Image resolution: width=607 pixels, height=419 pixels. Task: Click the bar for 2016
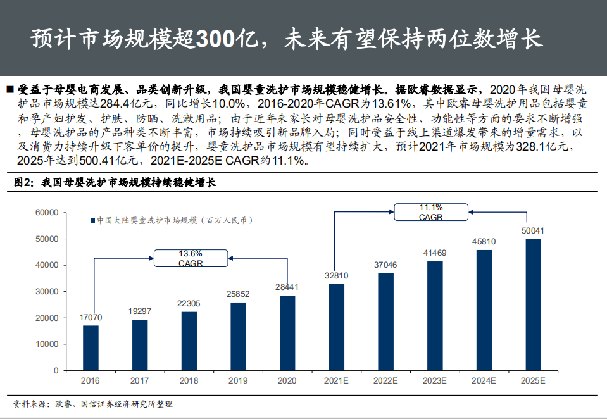(x=91, y=347)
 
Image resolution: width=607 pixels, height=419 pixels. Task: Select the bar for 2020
(x=287, y=333)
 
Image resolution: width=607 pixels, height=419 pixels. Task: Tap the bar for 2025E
(x=533, y=304)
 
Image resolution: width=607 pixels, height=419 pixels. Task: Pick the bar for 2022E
(x=386, y=322)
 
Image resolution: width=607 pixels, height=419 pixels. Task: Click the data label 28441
(x=287, y=288)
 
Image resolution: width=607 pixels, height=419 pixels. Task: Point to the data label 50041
(x=533, y=230)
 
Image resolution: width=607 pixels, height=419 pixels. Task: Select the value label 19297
(x=140, y=311)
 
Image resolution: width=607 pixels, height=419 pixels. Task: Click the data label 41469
(x=435, y=253)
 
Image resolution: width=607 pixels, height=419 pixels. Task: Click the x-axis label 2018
(x=189, y=380)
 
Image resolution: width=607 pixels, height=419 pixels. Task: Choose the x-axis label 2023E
(x=435, y=380)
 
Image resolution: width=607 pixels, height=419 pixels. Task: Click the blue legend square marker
(x=92, y=221)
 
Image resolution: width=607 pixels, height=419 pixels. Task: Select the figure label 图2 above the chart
(x=23, y=183)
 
